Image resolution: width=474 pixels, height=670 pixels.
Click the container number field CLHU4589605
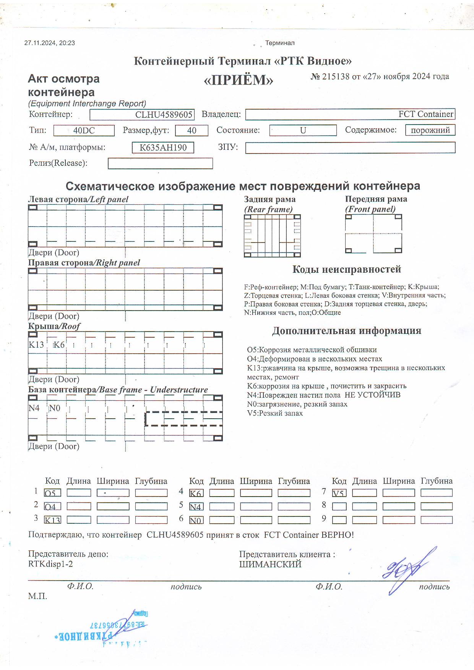tap(142, 115)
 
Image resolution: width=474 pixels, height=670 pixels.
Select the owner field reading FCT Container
tap(350, 114)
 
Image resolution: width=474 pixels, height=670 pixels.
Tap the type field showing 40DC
tap(84, 131)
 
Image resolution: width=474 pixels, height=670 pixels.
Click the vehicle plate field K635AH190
tap(163, 147)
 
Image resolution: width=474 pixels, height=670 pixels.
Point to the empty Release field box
tap(160, 163)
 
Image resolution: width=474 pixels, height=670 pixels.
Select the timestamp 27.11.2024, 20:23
tap(50, 43)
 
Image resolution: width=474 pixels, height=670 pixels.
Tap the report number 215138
tap(335, 76)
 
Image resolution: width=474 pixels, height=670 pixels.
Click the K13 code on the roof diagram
tap(36, 345)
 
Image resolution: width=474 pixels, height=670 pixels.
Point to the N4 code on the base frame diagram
tap(34, 408)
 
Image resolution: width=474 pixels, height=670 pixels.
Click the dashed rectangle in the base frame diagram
tap(183, 419)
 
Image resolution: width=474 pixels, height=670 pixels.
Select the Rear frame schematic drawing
tap(272, 236)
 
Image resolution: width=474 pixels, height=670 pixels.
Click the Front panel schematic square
tap(373, 234)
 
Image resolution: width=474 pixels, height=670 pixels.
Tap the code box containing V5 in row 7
tap(339, 493)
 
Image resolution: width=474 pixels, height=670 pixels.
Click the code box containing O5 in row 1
tap(52, 493)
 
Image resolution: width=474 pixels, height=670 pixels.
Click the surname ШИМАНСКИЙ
tap(270, 565)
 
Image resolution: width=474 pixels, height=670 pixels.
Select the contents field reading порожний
tap(430, 130)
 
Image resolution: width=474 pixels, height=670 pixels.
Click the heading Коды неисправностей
tap(346, 269)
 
